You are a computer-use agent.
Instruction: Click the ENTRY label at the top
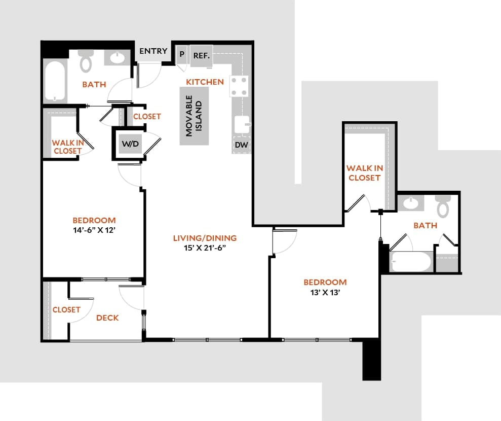click(x=153, y=51)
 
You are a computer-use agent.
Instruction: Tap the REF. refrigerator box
click(x=201, y=55)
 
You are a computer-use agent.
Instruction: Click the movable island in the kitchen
click(x=194, y=116)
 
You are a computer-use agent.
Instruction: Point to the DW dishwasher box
click(x=241, y=145)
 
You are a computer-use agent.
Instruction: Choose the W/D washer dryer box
click(x=130, y=144)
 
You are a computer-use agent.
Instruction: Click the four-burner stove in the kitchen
click(x=240, y=86)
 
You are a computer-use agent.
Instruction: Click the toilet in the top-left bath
click(x=86, y=61)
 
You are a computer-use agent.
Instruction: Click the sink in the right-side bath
click(x=411, y=204)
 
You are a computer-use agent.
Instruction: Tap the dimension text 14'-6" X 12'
click(x=94, y=229)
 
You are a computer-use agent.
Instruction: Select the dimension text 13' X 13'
click(x=325, y=292)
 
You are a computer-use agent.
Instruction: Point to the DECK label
click(x=107, y=318)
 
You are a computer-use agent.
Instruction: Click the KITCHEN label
click(x=205, y=82)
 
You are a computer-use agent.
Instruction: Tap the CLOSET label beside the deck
click(x=66, y=309)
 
